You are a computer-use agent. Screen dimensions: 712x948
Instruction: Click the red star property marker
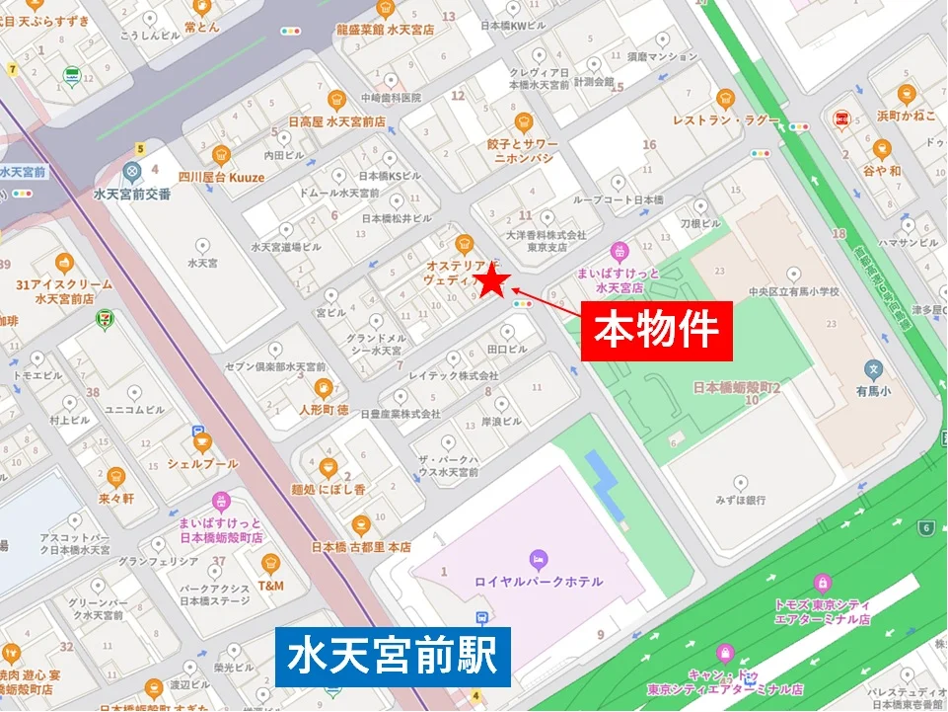491,283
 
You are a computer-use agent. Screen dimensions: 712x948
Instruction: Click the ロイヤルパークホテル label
538,582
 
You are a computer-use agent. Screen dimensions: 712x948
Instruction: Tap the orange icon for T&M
270,564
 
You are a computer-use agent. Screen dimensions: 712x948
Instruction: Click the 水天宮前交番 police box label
131,195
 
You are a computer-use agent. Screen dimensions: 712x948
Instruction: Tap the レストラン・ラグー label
726,120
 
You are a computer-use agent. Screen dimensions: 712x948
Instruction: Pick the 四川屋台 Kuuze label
221,178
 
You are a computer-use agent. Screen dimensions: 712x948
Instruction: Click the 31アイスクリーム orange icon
64,263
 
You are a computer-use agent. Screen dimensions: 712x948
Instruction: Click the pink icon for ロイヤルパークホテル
538,560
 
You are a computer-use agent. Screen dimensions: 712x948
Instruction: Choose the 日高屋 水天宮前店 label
336,121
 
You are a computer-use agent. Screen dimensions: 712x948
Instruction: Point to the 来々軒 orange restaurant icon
116,477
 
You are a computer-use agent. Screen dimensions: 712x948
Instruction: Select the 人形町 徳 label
322,409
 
